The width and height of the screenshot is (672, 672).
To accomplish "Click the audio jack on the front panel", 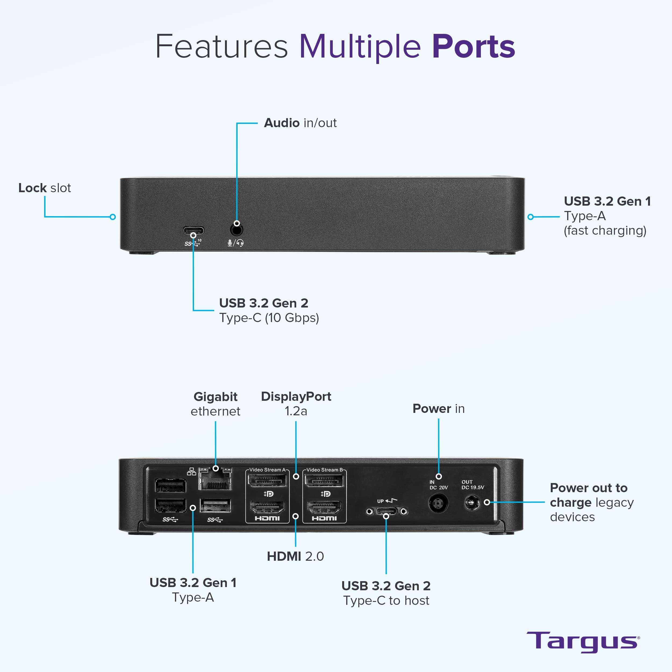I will [237, 230].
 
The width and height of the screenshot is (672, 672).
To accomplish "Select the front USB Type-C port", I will [193, 230].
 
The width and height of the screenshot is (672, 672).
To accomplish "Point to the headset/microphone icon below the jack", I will [235, 243].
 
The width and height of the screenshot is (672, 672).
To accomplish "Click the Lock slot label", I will [45, 188].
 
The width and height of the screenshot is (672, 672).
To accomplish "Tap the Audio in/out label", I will [300, 123].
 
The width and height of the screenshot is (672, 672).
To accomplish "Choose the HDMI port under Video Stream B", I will [324, 507].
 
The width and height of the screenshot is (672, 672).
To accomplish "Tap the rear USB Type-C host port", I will [386, 511].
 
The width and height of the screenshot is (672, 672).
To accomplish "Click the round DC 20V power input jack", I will [438, 503].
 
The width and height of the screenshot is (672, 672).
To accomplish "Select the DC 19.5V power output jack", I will [472, 503].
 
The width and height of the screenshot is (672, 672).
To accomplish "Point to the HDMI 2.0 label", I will [295, 556].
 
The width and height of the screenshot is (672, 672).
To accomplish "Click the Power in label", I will [438, 409].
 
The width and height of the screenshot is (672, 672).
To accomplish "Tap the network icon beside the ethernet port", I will [191, 472].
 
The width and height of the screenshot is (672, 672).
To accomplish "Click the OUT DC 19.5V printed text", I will [472, 485].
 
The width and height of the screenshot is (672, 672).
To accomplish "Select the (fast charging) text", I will [605, 231].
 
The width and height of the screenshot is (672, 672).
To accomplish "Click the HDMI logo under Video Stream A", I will [267, 518].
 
